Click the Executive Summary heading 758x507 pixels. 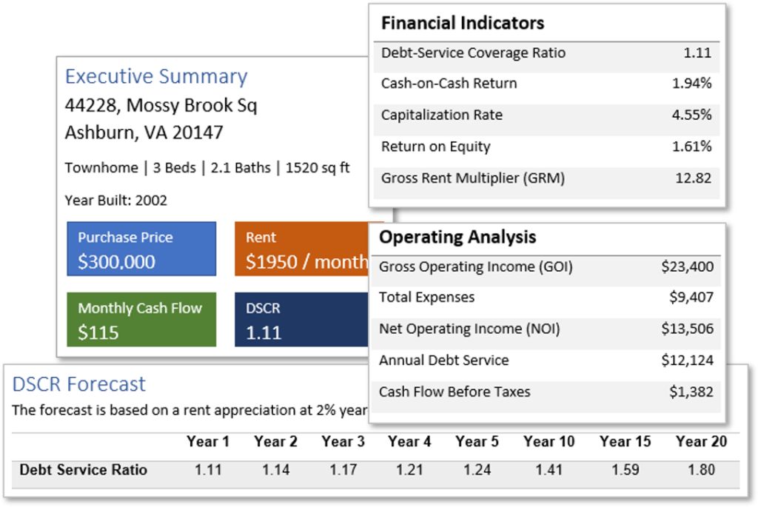(x=156, y=77)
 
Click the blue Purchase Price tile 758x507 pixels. (x=141, y=249)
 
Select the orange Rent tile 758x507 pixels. (x=302, y=249)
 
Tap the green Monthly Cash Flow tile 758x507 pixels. (x=141, y=320)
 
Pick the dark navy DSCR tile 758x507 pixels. (x=302, y=320)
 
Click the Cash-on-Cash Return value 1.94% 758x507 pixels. (x=692, y=84)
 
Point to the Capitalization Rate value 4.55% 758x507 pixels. (x=692, y=115)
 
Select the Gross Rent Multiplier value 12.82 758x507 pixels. (x=693, y=178)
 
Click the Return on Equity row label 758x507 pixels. (x=435, y=147)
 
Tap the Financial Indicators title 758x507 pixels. (x=463, y=23)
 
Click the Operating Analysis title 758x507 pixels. (x=457, y=238)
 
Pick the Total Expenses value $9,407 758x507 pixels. (x=691, y=298)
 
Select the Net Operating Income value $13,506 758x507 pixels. (x=688, y=329)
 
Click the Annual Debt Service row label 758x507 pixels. (x=444, y=360)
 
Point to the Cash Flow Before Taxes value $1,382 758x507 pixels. (x=691, y=392)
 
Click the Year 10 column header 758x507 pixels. (x=549, y=442)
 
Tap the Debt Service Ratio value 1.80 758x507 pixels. (x=702, y=470)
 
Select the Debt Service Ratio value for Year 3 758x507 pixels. (x=343, y=470)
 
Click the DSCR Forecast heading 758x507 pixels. (x=78, y=385)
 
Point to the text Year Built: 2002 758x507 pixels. (x=116, y=201)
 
